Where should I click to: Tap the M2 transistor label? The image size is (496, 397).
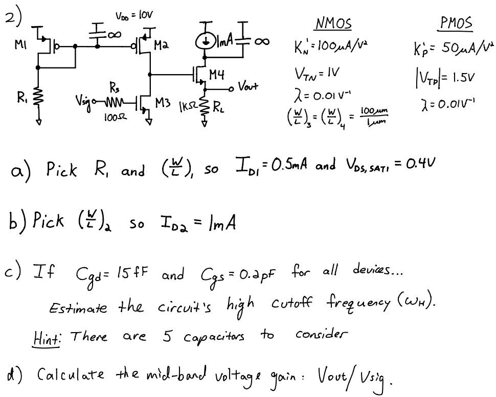pos(161,46)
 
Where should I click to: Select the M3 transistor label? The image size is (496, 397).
pos(163,103)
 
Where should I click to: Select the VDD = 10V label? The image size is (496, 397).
pos(134,16)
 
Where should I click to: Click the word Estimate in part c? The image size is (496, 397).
pos(78,308)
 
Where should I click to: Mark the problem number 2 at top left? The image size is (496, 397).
pos(13,18)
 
